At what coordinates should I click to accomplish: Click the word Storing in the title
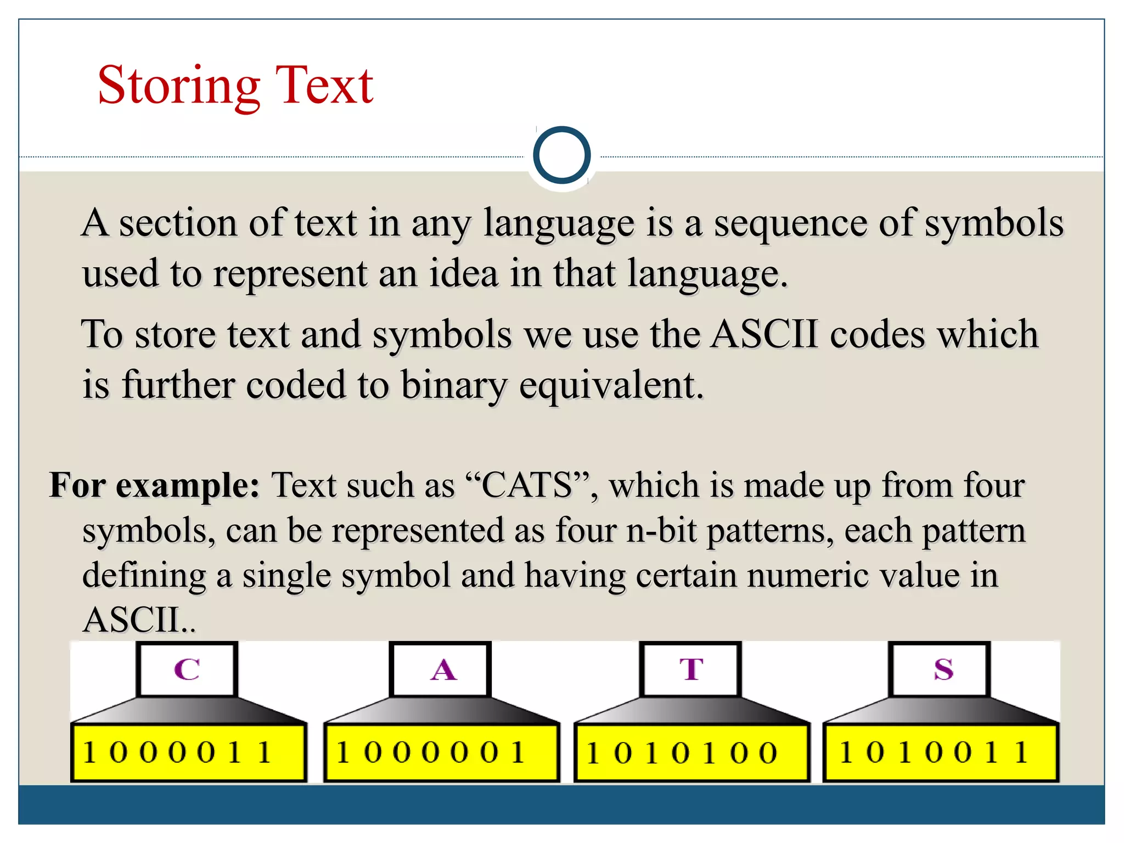pyautogui.click(x=178, y=86)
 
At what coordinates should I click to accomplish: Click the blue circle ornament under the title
pyautogui.click(x=561, y=155)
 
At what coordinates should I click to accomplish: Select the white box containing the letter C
pyautogui.click(x=187, y=670)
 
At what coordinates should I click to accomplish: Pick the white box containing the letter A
pyautogui.click(x=441, y=670)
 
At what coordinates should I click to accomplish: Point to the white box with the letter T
pyautogui.click(x=691, y=670)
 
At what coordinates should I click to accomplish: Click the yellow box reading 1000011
pyautogui.click(x=188, y=752)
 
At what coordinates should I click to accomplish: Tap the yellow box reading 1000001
pyautogui.click(x=441, y=752)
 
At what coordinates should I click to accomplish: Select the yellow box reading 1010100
pyautogui.click(x=692, y=752)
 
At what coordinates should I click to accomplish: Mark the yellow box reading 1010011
pyautogui.click(x=941, y=752)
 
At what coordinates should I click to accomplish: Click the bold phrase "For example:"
pyautogui.click(x=154, y=486)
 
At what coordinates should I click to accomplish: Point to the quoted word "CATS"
pyautogui.click(x=527, y=486)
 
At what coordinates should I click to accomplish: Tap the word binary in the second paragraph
pyautogui.click(x=454, y=385)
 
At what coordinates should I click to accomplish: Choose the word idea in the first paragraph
pyautogui.click(x=464, y=273)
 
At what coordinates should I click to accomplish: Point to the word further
pyautogui.click(x=178, y=385)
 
